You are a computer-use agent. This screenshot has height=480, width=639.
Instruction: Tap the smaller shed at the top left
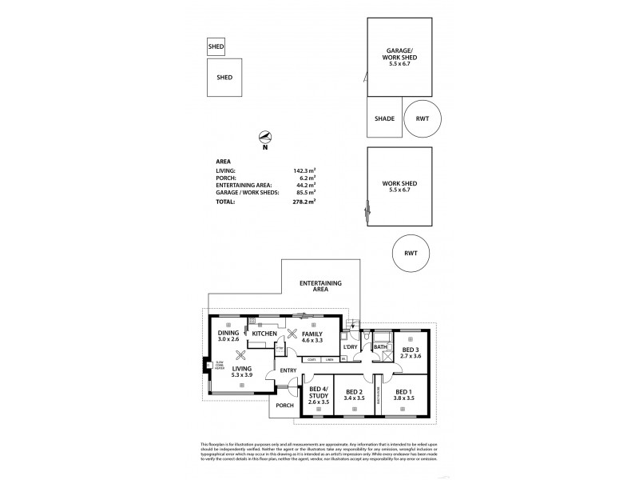point(216,47)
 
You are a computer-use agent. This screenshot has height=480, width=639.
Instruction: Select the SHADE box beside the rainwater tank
point(384,118)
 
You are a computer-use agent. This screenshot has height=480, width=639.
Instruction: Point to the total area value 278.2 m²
point(304,202)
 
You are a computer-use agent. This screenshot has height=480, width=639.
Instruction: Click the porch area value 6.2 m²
point(306,177)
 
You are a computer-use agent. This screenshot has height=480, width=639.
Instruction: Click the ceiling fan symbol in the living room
point(239,358)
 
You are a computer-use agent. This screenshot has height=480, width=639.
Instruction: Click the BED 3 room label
point(410,350)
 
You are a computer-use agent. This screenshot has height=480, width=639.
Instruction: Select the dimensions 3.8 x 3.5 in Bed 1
point(405,398)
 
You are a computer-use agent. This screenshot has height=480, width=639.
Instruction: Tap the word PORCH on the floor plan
point(285,406)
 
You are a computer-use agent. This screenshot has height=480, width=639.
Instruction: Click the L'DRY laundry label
point(350,346)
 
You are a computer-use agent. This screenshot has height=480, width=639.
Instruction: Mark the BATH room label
point(379,346)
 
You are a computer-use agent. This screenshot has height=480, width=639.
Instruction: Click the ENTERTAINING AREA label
point(320,287)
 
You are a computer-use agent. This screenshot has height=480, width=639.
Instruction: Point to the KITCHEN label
point(264,334)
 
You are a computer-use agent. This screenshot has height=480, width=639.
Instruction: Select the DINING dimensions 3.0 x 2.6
point(228,339)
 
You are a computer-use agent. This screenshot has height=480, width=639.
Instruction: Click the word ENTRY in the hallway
point(288,370)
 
